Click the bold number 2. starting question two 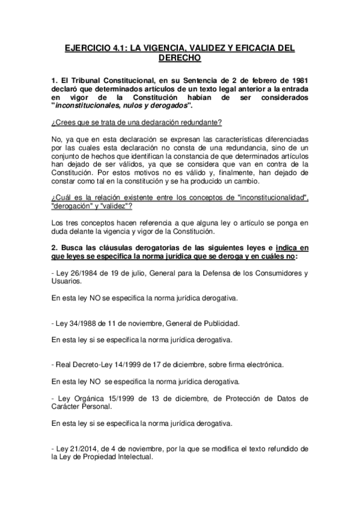55,250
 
